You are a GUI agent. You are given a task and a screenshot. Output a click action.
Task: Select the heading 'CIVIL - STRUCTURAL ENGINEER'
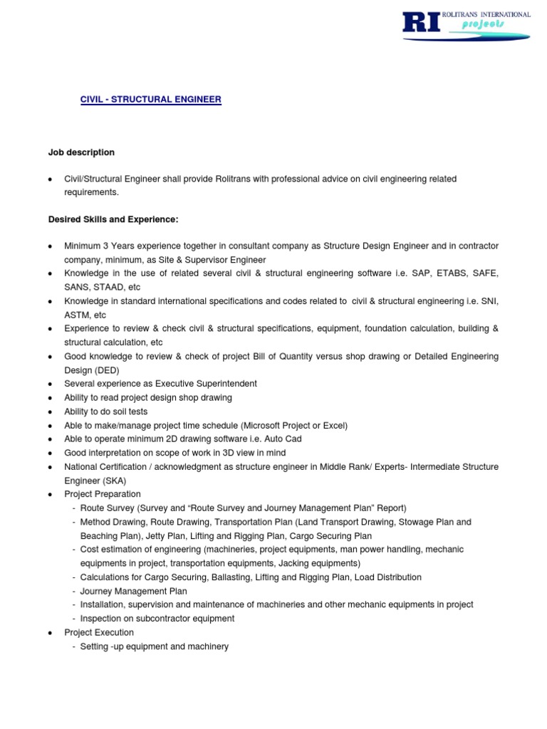tap(150, 100)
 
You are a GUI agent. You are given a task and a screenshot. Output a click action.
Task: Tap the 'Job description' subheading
tap(81, 152)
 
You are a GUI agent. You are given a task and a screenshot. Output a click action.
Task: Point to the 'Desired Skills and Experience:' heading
tap(113, 219)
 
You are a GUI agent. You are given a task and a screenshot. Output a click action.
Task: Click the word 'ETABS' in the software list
tap(442, 273)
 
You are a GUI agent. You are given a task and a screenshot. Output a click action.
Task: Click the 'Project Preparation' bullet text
tap(103, 494)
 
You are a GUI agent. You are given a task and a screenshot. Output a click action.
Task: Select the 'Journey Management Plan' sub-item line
tap(134, 591)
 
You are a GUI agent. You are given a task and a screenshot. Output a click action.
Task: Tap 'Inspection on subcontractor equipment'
tap(157, 619)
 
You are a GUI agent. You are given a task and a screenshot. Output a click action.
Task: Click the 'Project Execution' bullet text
tap(99, 632)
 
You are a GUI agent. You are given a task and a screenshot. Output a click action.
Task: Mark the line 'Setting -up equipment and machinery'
tap(155, 646)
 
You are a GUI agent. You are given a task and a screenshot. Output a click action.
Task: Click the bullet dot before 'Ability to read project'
tap(50, 398)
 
